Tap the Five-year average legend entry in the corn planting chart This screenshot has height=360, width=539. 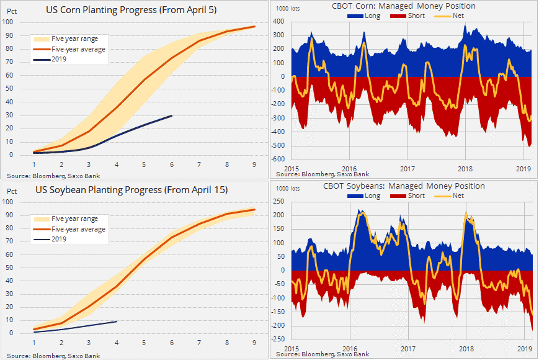pos(78,49)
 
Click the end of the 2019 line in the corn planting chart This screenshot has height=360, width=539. pos(172,115)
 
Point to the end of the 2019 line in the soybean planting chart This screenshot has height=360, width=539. pos(117,322)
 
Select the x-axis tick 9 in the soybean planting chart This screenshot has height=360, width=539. pos(254,343)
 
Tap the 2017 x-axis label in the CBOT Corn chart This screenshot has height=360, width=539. pos(407,168)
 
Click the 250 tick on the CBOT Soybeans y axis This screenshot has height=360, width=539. pos(279,201)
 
